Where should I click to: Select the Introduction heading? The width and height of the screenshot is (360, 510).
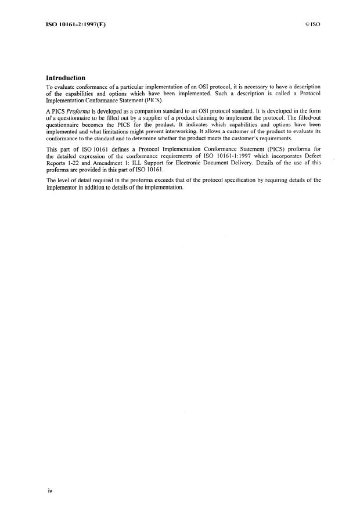pos(66,78)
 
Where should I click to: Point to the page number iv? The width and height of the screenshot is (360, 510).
pos(50,491)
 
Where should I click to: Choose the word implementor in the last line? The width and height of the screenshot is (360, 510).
pos(64,188)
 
